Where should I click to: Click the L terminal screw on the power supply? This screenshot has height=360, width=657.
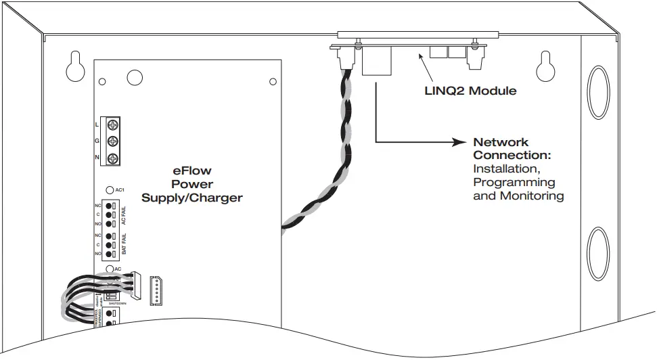point(113,125)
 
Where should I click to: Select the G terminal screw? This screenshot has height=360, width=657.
point(113,141)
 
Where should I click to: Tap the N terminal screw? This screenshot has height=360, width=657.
point(113,158)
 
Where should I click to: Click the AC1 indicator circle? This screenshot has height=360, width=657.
point(110,191)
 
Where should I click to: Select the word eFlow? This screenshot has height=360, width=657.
point(192,172)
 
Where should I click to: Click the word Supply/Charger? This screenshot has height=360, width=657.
point(192,197)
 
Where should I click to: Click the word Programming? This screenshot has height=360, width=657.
point(514,183)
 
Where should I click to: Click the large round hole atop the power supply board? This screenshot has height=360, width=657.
point(134,77)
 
